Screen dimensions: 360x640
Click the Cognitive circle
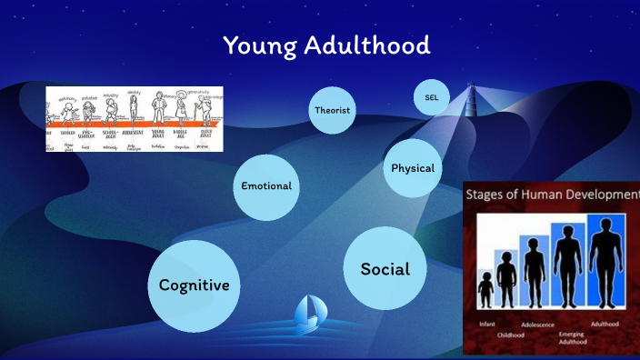point(194,285)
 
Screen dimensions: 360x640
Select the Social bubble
point(385,269)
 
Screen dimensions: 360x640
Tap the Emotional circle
point(266,186)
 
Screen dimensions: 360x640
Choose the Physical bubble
point(412,168)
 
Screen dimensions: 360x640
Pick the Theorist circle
point(332,111)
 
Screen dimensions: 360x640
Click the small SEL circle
point(431,97)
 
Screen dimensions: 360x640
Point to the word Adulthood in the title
point(369,45)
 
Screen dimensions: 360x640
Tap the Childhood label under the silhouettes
point(510,334)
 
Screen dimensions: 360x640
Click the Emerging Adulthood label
point(573,338)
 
